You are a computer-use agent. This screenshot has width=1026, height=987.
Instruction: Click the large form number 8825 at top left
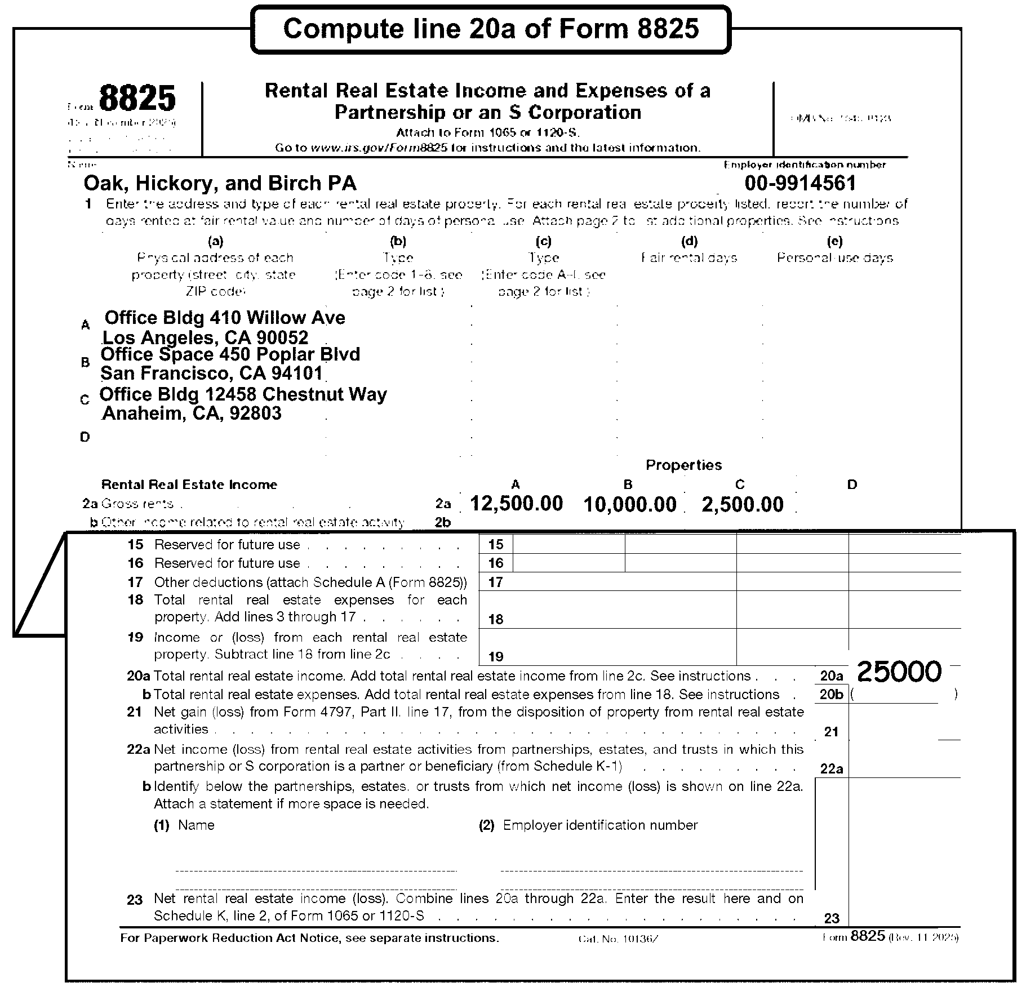point(137,99)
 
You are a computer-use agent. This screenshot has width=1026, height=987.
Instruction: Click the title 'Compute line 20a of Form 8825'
point(491,29)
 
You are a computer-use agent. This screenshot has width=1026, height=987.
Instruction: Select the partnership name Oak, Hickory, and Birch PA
point(220,183)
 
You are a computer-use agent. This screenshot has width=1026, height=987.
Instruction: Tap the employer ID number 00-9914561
point(800,183)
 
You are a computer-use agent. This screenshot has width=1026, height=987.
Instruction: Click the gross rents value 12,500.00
point(516,503)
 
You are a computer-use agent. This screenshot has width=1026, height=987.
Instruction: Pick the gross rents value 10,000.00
point(629,504)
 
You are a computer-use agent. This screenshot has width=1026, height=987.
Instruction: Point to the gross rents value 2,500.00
point(742,504)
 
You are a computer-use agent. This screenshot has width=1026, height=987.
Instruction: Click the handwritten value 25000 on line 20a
point(899,672)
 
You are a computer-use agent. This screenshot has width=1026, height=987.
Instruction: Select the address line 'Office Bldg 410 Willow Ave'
point(225,318)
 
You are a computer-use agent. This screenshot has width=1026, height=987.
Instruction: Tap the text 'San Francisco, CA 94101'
point(212,373)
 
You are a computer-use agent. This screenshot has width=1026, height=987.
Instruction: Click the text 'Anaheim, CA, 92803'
point(192,413)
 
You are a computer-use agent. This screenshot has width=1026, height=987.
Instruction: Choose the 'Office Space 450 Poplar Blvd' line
point(230,354)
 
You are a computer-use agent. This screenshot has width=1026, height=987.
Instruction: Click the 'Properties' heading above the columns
point(683,465)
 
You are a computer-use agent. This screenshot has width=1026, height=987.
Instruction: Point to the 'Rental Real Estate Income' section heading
point(189,484)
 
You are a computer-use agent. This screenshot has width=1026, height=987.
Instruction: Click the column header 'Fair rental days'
point(689,258)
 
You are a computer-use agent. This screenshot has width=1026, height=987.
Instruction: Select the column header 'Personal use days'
point(835,258)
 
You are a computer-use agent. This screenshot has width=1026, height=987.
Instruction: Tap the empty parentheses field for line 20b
point(903,695)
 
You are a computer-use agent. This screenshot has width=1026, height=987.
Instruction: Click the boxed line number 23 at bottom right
point(832,918)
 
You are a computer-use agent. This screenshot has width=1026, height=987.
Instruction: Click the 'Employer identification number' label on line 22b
point(600,825)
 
